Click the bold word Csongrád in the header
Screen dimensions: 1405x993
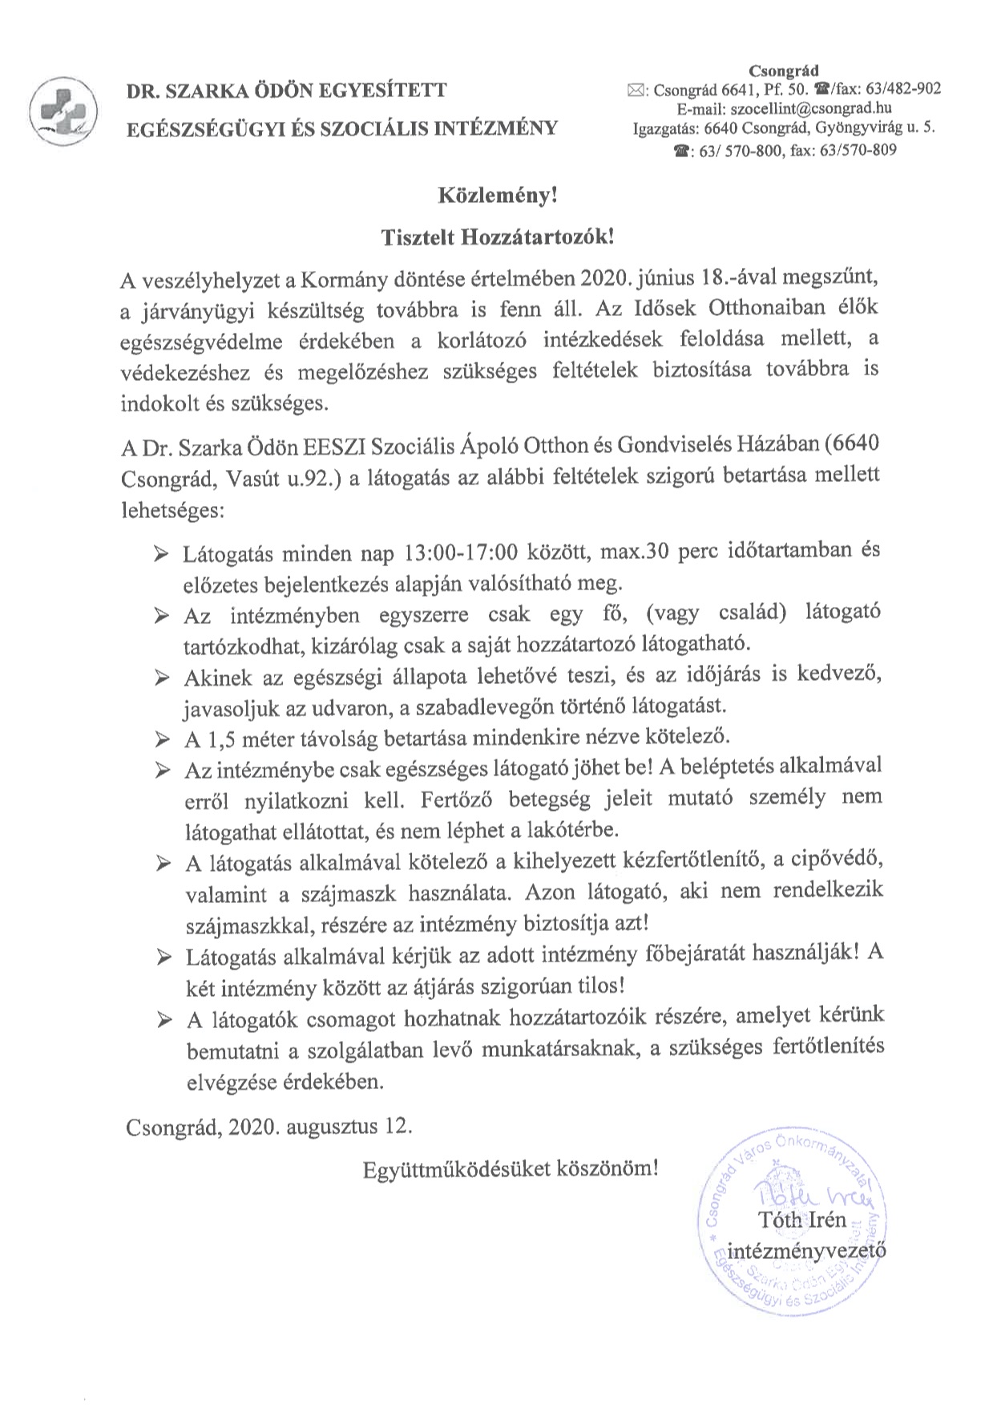click(784, 71)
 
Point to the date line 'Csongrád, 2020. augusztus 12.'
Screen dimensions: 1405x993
click(269, 1126)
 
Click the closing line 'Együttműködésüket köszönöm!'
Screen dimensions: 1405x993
click(511, 1168)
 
